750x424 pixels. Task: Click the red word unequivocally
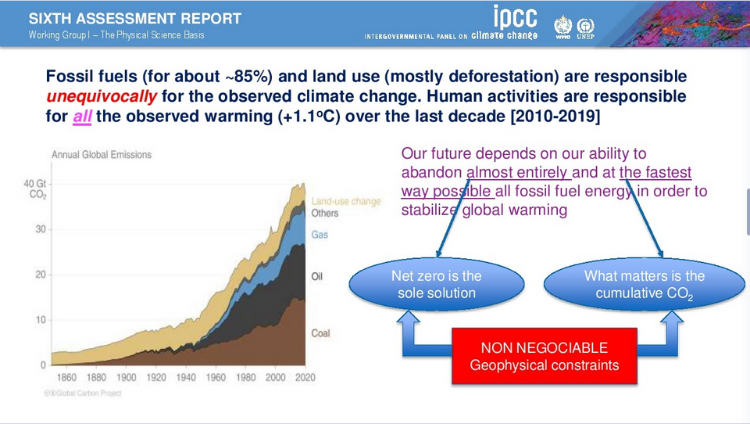(x=102, y=97)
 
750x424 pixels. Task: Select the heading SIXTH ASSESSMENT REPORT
(x=135, y=19)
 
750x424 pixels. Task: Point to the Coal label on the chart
(x=320, y=333)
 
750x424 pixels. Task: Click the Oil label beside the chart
(x=317, y=277)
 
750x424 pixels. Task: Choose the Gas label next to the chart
(x=320, y=235)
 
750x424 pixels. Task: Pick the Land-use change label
(x=346, y=201)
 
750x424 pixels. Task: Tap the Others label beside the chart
(x=325, y=213)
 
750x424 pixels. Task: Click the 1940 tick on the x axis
(x=186, y=378)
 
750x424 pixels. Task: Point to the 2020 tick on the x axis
(x=305, y=378)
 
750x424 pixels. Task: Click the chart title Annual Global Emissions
(x=102, y=155)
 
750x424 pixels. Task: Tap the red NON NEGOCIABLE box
(x=544, y=356)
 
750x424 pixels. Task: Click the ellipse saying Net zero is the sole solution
(x=436, y=285)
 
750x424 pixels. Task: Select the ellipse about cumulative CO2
(x=644, y=285)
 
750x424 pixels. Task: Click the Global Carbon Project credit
(x=83, y=393)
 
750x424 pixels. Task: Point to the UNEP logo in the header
(x=584, y=27)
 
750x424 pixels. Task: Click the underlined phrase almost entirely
(x=519, y=173)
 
